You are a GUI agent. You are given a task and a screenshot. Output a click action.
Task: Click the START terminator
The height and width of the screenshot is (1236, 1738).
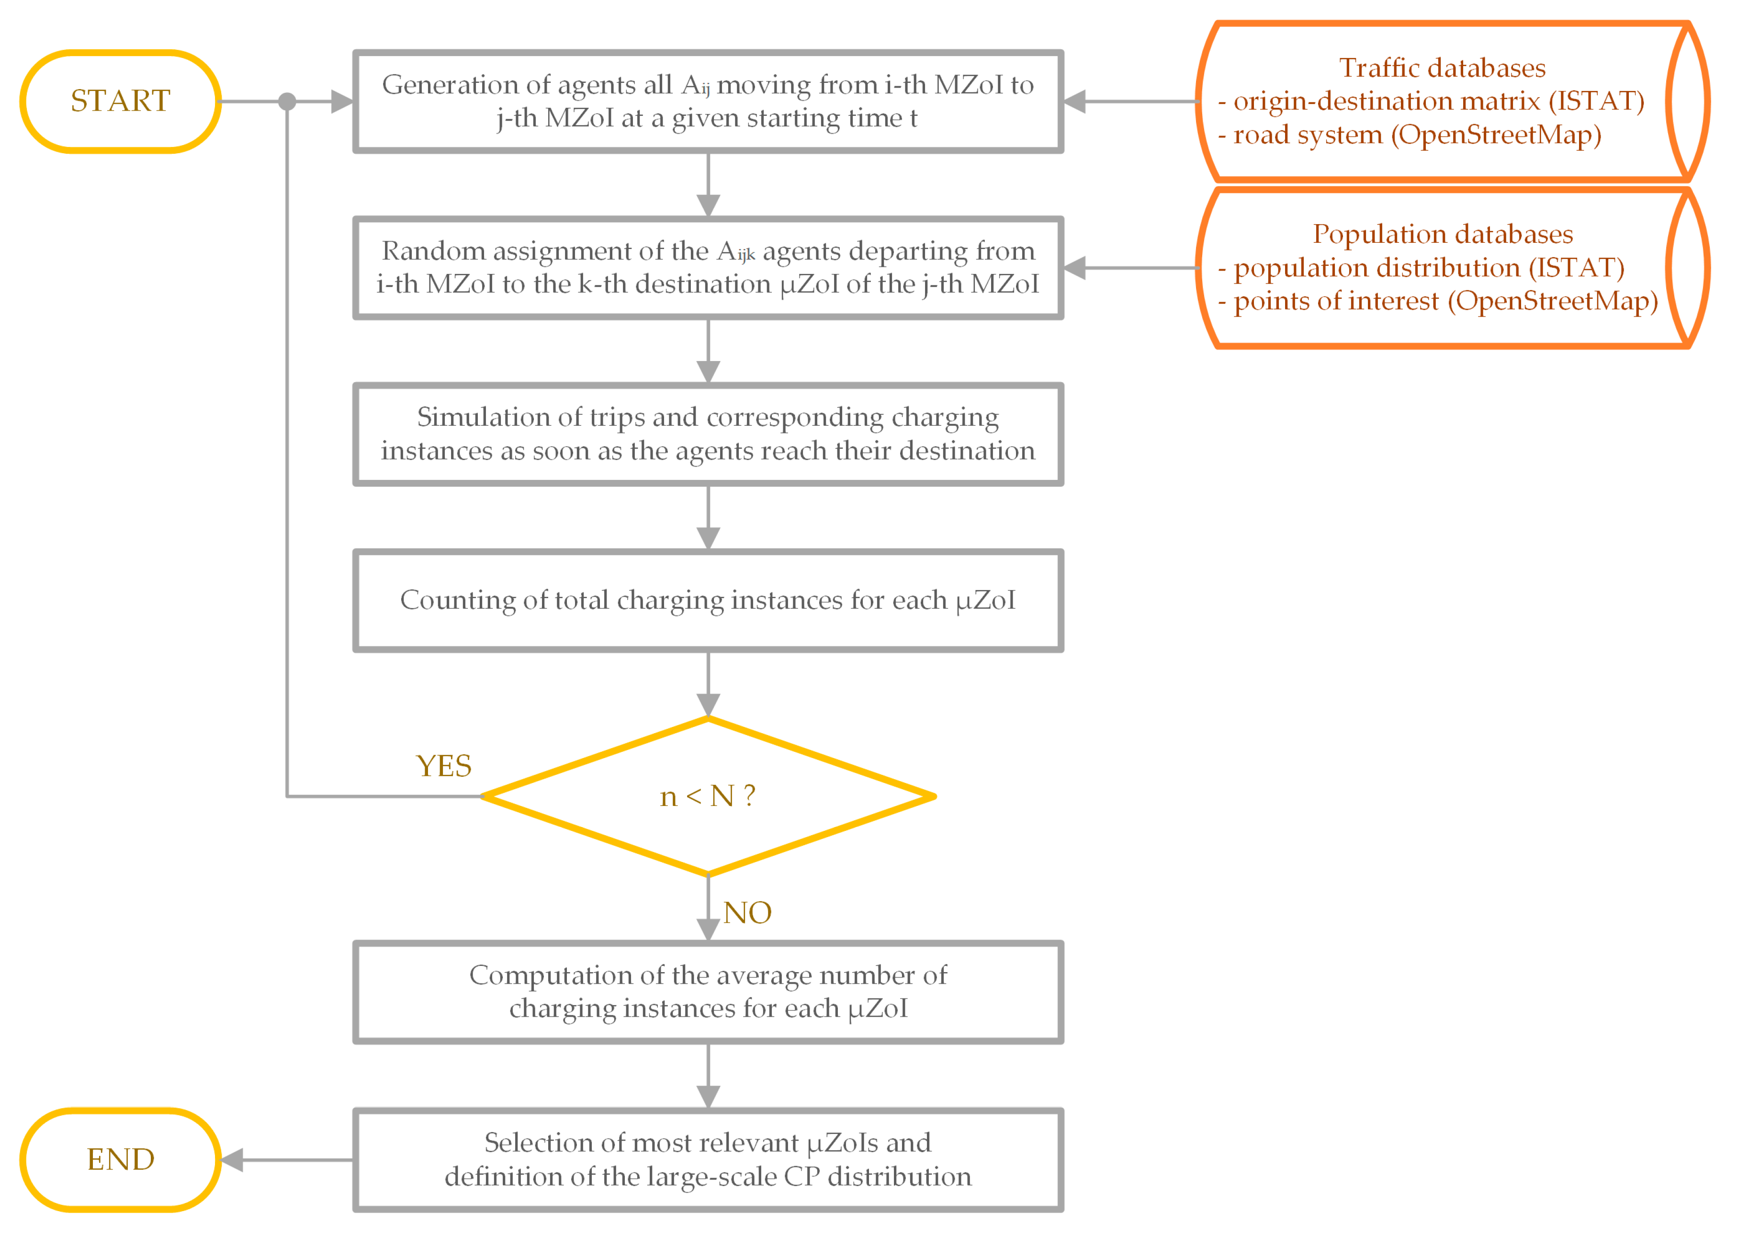120,101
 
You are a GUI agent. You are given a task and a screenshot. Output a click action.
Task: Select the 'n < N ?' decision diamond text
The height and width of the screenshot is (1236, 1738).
708,796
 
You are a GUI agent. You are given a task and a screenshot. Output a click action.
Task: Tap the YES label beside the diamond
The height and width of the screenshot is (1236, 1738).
444,766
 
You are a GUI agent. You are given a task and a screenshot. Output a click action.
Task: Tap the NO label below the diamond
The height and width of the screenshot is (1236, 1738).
747,913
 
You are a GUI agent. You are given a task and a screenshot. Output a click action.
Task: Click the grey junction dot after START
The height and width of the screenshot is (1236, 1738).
287,101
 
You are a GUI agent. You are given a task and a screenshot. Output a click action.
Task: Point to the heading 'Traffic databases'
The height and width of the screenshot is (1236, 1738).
1442,68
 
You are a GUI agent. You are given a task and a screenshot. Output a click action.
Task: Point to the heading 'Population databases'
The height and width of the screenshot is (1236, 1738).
1442,234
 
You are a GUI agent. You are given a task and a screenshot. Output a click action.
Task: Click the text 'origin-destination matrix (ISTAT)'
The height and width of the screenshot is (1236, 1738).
1438,101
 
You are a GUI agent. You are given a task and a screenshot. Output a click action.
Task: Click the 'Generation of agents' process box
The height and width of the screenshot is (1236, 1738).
708,101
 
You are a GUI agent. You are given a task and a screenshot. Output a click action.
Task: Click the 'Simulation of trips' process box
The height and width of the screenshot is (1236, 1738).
708,434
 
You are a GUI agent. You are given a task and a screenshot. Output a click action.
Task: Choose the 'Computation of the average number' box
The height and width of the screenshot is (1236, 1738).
708,992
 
